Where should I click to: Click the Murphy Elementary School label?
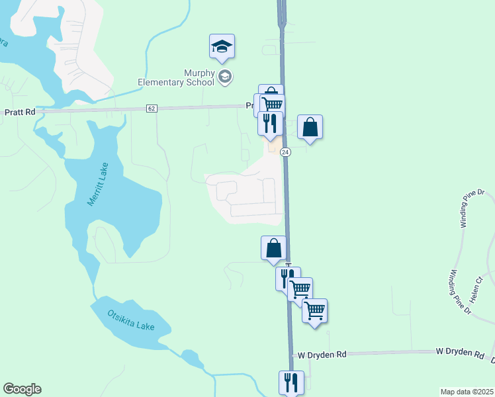click(175, 77)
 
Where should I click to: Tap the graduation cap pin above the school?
click(222, 46)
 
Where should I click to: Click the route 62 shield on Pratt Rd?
click(152, 108)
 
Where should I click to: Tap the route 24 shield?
click(285, 152)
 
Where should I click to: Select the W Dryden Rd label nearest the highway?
click(322, 355)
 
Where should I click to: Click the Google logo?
click(22, 389)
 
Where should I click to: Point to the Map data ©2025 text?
click(467, 392)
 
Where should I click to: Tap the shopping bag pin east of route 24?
click(310, 126)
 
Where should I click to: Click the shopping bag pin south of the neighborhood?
click(274, 248)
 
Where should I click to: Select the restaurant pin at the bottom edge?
click(291, 382)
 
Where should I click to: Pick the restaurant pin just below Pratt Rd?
click(270, 123)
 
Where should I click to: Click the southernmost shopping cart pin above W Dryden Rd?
click(315, 310)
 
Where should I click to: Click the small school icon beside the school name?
click(225, 77)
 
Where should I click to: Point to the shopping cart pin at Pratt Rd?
click(271, 104)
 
